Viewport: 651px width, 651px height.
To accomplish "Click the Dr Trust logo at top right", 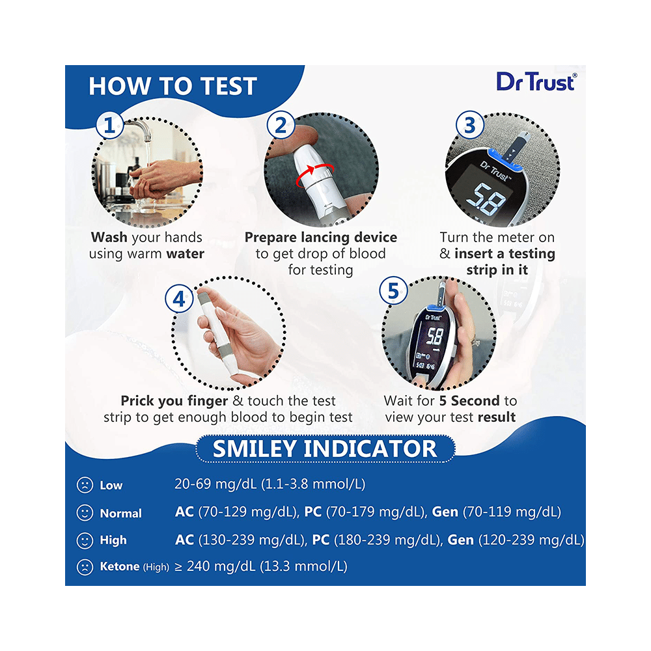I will (536, 81).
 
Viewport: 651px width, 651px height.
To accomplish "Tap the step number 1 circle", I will (110, 126).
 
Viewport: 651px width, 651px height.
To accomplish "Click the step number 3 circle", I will (469, 126).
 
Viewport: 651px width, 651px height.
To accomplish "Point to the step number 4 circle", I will (178, 299).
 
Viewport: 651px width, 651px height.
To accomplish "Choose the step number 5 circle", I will (393, 290).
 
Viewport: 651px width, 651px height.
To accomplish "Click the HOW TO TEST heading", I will (173, 87).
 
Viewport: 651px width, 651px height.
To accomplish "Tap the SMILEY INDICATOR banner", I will (325, 449).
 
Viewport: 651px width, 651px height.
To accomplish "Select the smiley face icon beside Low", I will (85, 485).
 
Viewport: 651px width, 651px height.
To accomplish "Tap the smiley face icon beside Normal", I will (85, 513).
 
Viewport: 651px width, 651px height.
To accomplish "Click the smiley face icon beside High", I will (85, 540).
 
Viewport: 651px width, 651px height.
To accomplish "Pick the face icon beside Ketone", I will (85, 567).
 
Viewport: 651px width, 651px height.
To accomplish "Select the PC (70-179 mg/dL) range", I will (365, 512).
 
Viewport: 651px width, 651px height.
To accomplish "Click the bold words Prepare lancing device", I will (320, 238).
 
